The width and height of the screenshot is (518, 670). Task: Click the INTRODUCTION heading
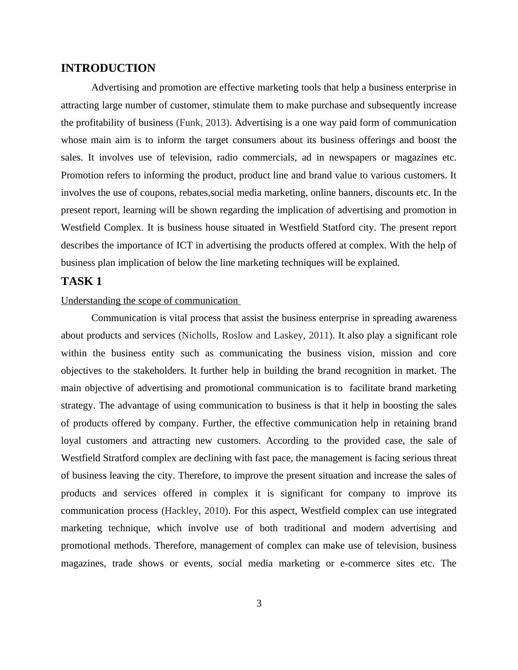108,68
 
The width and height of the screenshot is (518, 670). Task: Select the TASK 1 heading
81,281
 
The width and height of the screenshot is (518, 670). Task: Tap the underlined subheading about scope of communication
149,301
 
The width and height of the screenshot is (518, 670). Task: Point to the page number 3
259,603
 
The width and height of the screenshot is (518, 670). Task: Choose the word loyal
71,441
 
